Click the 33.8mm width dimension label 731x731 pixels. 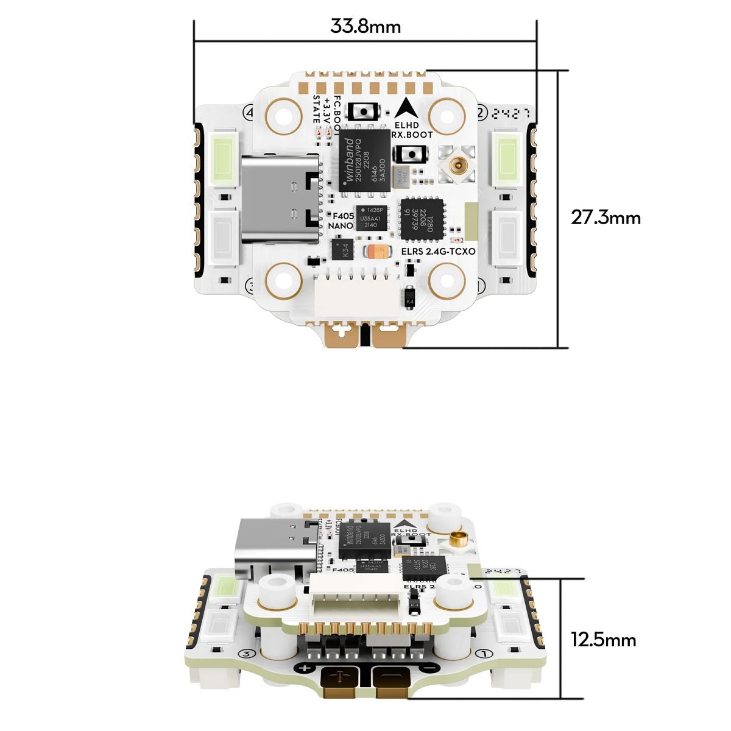[x=365, y=27]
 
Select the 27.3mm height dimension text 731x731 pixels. [x=606, y=217]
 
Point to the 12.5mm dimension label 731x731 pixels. [x=603, y=640]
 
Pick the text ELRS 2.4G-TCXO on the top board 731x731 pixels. [x=439, y=251]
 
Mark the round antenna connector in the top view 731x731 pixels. [x=456, y=163]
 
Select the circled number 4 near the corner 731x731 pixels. [x=249, y=113]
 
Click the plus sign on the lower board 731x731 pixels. [x=306, y=669]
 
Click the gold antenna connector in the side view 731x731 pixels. [x=456, y=538]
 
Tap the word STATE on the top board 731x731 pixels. [x=317, y=109]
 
